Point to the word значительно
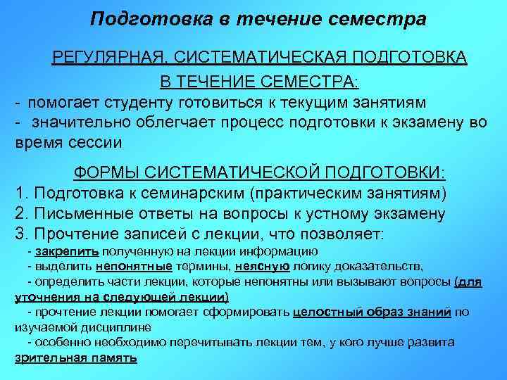point(75,122)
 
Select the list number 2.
point(20,213)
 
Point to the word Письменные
point(77,213)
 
